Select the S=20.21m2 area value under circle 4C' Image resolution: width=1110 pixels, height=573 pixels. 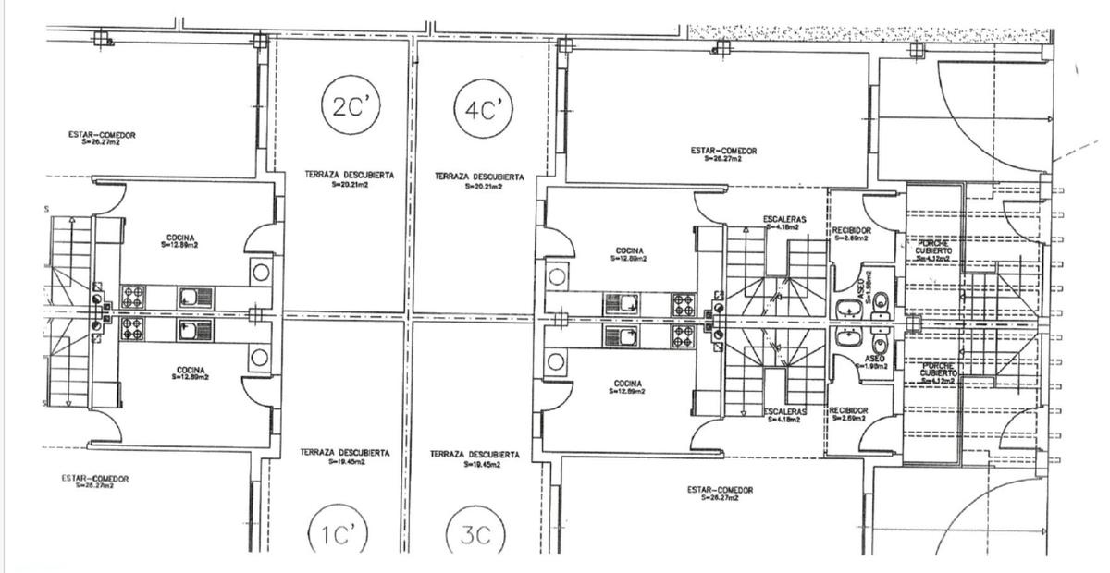pyautogui.click(x=480, y=188)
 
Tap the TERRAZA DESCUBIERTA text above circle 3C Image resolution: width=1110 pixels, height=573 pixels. pyautogui.click(x=475, y=454)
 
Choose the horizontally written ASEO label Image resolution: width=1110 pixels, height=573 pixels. pyautogui.click(x=874, y=358)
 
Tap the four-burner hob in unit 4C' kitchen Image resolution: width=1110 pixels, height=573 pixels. pyautogui.click(x=684, y=302)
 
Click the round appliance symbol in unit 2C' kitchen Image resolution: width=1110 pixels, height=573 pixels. pyautogui.click(x=261, y=273)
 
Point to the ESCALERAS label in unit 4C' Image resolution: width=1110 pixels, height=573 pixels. pyautogui.click(x=784, y=219)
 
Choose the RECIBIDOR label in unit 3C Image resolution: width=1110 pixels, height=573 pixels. pyautogui.click(x=848, y=410)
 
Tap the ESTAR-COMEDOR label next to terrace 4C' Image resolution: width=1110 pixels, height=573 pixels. pyautogui.click(x=723, y=150)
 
